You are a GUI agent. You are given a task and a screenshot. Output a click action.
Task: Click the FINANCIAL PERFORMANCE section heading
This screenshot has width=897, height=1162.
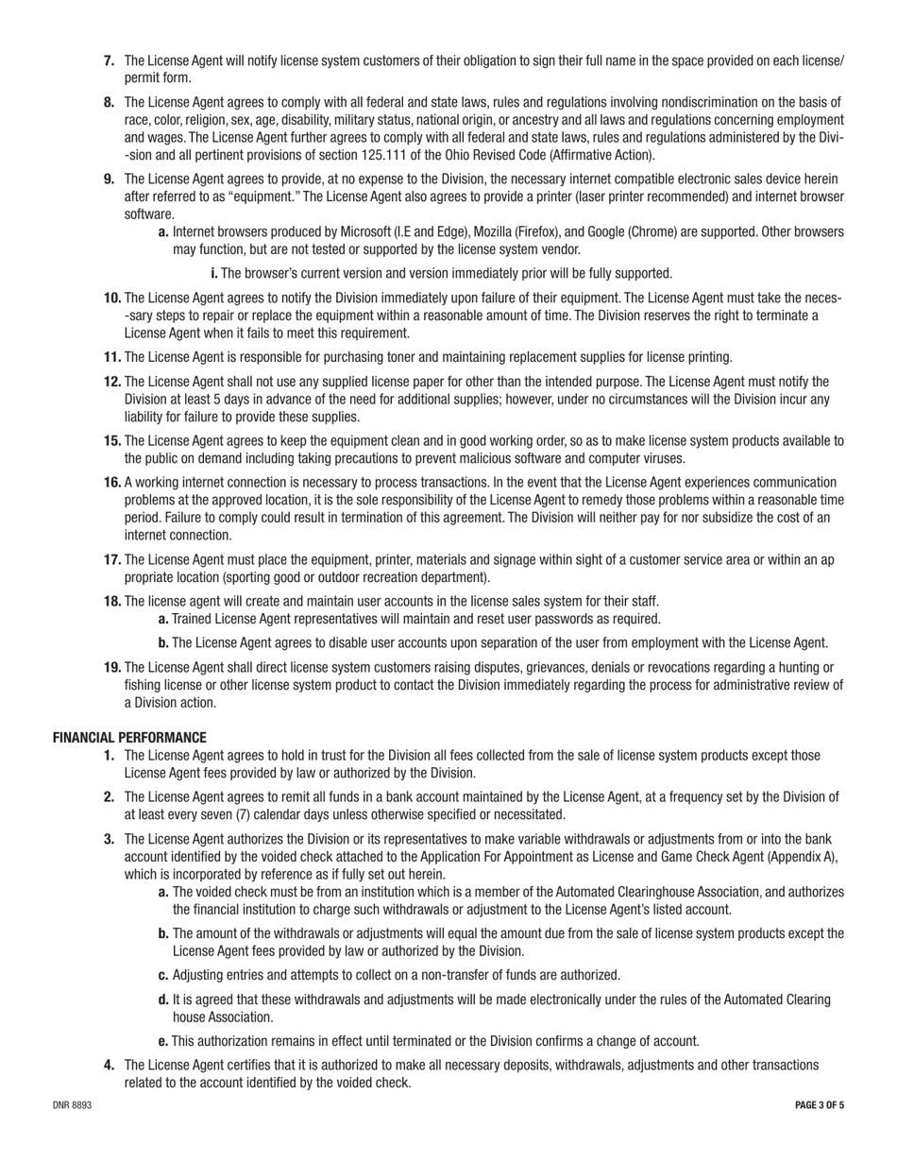tap(129, 737)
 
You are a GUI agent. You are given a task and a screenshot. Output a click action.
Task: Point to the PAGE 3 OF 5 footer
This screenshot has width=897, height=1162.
tap(819, 1104)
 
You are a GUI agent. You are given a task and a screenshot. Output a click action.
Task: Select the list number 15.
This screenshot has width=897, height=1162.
tap(112, 441)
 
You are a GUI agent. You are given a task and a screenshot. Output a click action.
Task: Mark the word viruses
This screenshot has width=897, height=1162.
tap(663, 458)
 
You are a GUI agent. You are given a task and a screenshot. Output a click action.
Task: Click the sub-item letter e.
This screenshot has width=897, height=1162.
tap(163, 1041)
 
